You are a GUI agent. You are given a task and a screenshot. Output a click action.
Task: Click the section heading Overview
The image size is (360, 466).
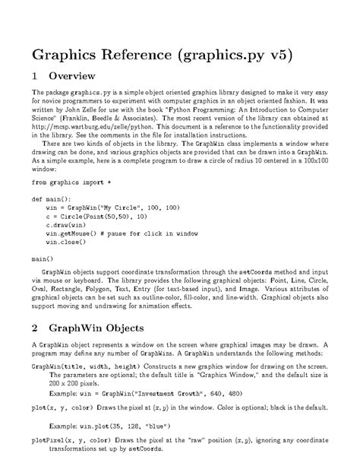click(x=71, y=77)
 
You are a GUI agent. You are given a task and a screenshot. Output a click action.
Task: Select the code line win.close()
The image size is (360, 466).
click(x=67, y=243)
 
